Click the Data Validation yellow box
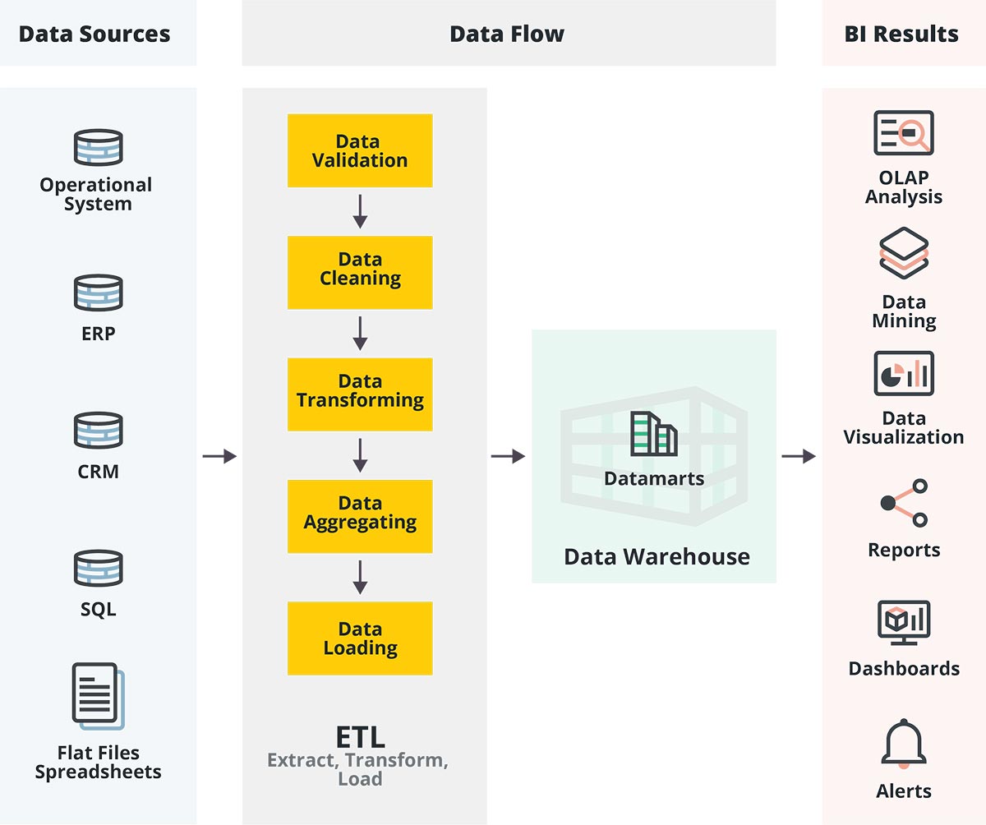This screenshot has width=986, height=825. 360,151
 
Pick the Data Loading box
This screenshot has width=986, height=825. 360,638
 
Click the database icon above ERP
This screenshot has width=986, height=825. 99,293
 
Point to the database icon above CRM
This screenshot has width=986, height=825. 99,431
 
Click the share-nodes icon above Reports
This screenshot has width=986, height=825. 904,503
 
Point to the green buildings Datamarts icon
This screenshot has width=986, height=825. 654,434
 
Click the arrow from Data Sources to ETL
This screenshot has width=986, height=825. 219,456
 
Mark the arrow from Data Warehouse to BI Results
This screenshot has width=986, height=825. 798,456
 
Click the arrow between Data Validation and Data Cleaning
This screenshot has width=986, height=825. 360,212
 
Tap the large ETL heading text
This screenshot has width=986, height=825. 360,737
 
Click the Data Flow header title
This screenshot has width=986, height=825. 507,35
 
